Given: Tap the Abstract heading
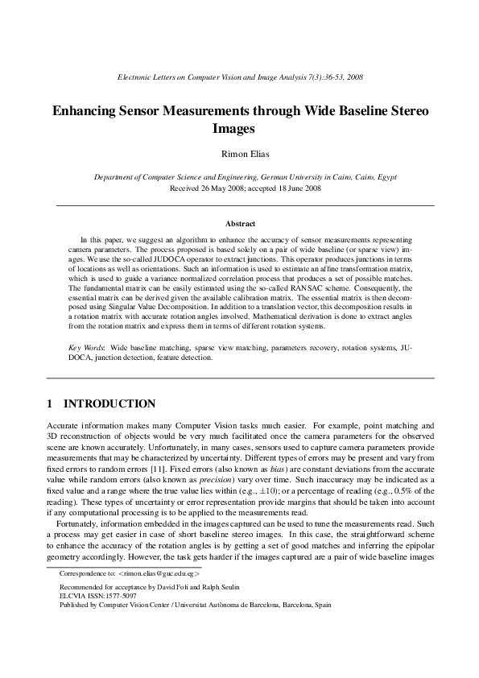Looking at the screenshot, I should click(239, 224).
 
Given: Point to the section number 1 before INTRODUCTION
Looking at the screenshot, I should click(50, 403).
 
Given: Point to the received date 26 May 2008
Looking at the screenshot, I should click(223, 188).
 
